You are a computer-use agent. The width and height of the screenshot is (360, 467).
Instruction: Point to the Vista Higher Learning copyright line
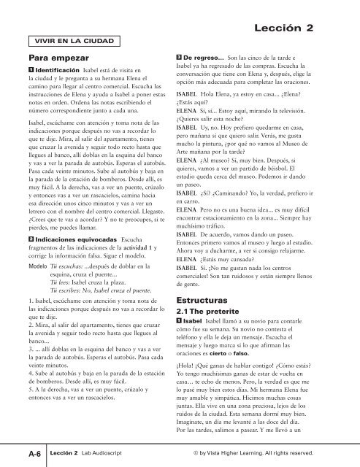(x=269, y=452)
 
